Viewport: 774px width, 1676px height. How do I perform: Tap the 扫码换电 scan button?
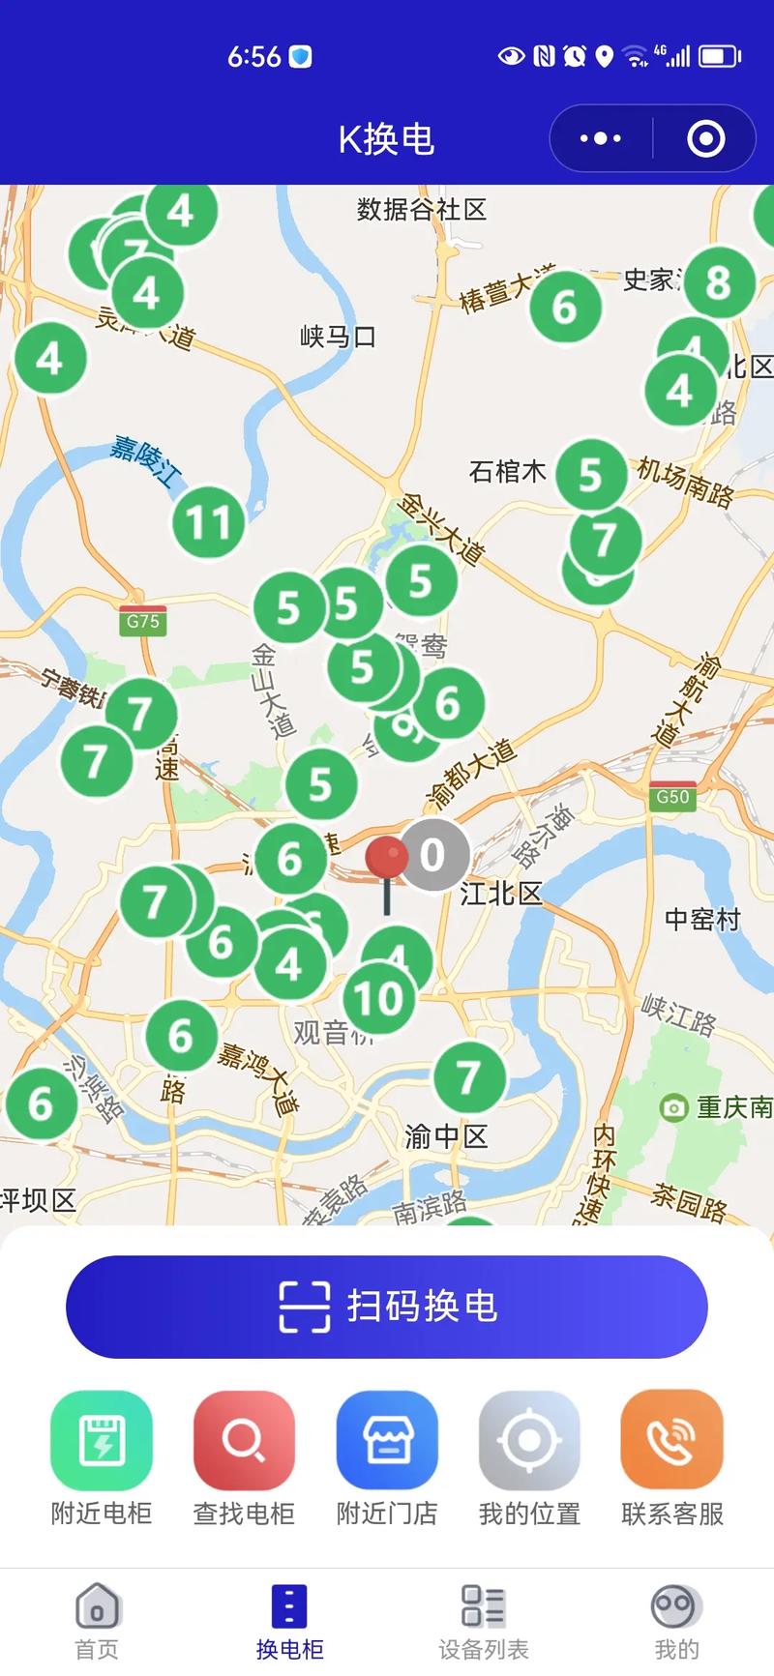pyautogui.click(x=387, y=1307)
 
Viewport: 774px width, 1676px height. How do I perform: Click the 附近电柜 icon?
pyautogui.click(x=102, y=1440)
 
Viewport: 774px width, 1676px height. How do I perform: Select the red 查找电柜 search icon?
pyautogui.click(x=244, y=1440)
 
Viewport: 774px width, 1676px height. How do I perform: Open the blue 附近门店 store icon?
pyautogui.click(x=387, y=1440)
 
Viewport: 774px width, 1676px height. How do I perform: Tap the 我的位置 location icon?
pyautogui.click(x=529, y=1440)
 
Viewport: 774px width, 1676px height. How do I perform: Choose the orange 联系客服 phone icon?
pyautogui.click(x=672, y=1440)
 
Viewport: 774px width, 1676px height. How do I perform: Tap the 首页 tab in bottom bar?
pyautogui.click(x=97, y=1621)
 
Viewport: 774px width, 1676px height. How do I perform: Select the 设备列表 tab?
pyautogui.click(x=483, y=1621)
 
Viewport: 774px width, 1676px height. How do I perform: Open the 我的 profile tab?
pyautogui.click(x=676, y=1621)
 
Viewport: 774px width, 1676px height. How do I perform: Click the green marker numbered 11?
pyautogui.click(x=208, y=522)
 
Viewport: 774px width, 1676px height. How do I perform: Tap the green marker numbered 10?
pyautogui.click(x=378, y=999)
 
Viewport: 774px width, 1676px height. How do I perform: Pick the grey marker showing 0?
pyautogui.click(x=433, y=854)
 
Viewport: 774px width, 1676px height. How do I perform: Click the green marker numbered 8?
pyautogui.click(x=718, y=282)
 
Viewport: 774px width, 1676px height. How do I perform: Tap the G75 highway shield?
pyautogui.click(x=143, y=620)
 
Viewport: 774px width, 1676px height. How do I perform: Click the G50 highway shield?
pyautogui.click(x=672, y=796)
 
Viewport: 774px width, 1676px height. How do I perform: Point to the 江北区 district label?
pyautogui.click(x=501, y=893)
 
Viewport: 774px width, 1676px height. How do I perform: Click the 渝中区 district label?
pyautogui.click(x=446, y=1135)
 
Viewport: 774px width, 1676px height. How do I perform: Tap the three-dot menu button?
pyautogui.click(x=601, y=138)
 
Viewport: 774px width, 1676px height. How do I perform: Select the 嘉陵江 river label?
pyautogui.click(x=145, y=458)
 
